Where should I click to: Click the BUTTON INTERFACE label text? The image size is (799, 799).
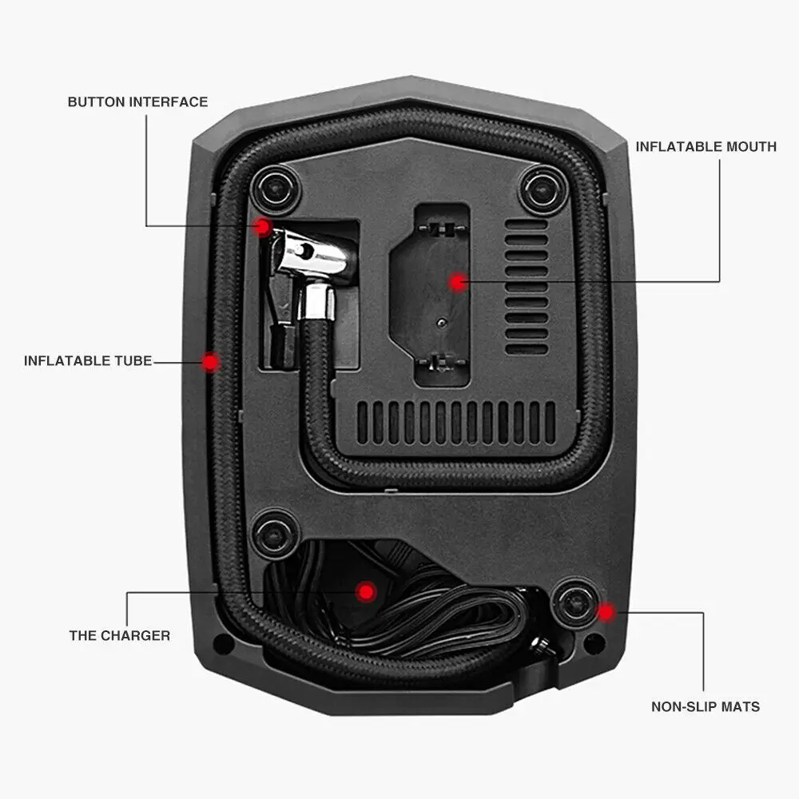137,101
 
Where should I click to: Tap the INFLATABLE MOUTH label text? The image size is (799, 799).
706,146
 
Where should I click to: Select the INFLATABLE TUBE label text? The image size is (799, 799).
88,360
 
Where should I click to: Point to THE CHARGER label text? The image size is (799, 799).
119,635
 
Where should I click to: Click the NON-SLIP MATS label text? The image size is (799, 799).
706,706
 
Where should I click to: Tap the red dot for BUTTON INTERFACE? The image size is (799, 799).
262,228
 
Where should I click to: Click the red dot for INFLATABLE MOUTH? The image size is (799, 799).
457,281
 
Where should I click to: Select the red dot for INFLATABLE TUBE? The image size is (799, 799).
210,362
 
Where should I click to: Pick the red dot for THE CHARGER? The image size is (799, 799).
366,591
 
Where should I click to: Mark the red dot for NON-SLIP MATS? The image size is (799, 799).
606,613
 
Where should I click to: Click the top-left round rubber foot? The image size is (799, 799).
276,189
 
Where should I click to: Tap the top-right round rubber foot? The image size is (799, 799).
543,190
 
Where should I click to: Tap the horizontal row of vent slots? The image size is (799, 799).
455,422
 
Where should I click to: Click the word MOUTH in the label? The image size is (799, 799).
748,146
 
